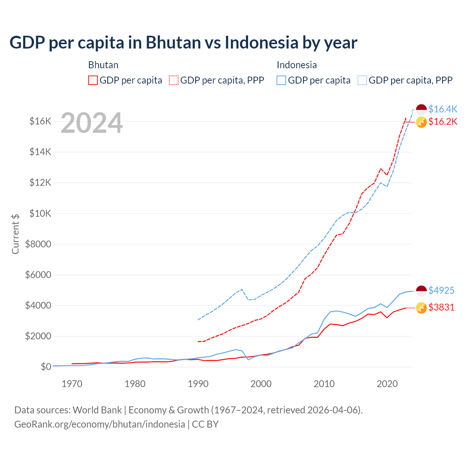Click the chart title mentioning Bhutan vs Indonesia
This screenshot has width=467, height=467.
tap(183, 42)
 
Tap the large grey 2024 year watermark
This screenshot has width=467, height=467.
tap(92, 123)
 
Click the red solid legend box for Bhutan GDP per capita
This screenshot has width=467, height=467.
tap(93, 80)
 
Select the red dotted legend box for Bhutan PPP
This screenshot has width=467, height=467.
tap(174, 80)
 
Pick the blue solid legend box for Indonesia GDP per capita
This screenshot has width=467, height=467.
tap(281, 80)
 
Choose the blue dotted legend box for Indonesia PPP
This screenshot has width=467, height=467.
tap(362, 80)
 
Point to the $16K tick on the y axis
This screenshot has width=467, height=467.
tap(40, 121)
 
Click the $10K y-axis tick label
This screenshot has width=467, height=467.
tap(40, 213)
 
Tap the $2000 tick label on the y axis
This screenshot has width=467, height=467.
tap(38, 336)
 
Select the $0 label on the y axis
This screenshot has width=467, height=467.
tap(46, 367)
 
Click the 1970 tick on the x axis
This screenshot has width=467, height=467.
tap(72, 384)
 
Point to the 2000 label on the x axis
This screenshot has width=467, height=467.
tap(261, 384)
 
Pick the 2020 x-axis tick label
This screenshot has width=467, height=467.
tap(387, 384)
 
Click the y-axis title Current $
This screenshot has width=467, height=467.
tap(15, 234)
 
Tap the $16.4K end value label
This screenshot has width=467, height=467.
tap(443, 109)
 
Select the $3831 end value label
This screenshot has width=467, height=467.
tap(441, 307)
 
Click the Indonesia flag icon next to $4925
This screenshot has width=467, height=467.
tap(421, 291)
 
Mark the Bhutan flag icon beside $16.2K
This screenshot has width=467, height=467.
tap(421, 122)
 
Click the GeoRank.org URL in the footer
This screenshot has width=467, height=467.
tap(100, 424)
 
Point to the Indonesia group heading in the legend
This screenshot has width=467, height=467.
tap(297, 65)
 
